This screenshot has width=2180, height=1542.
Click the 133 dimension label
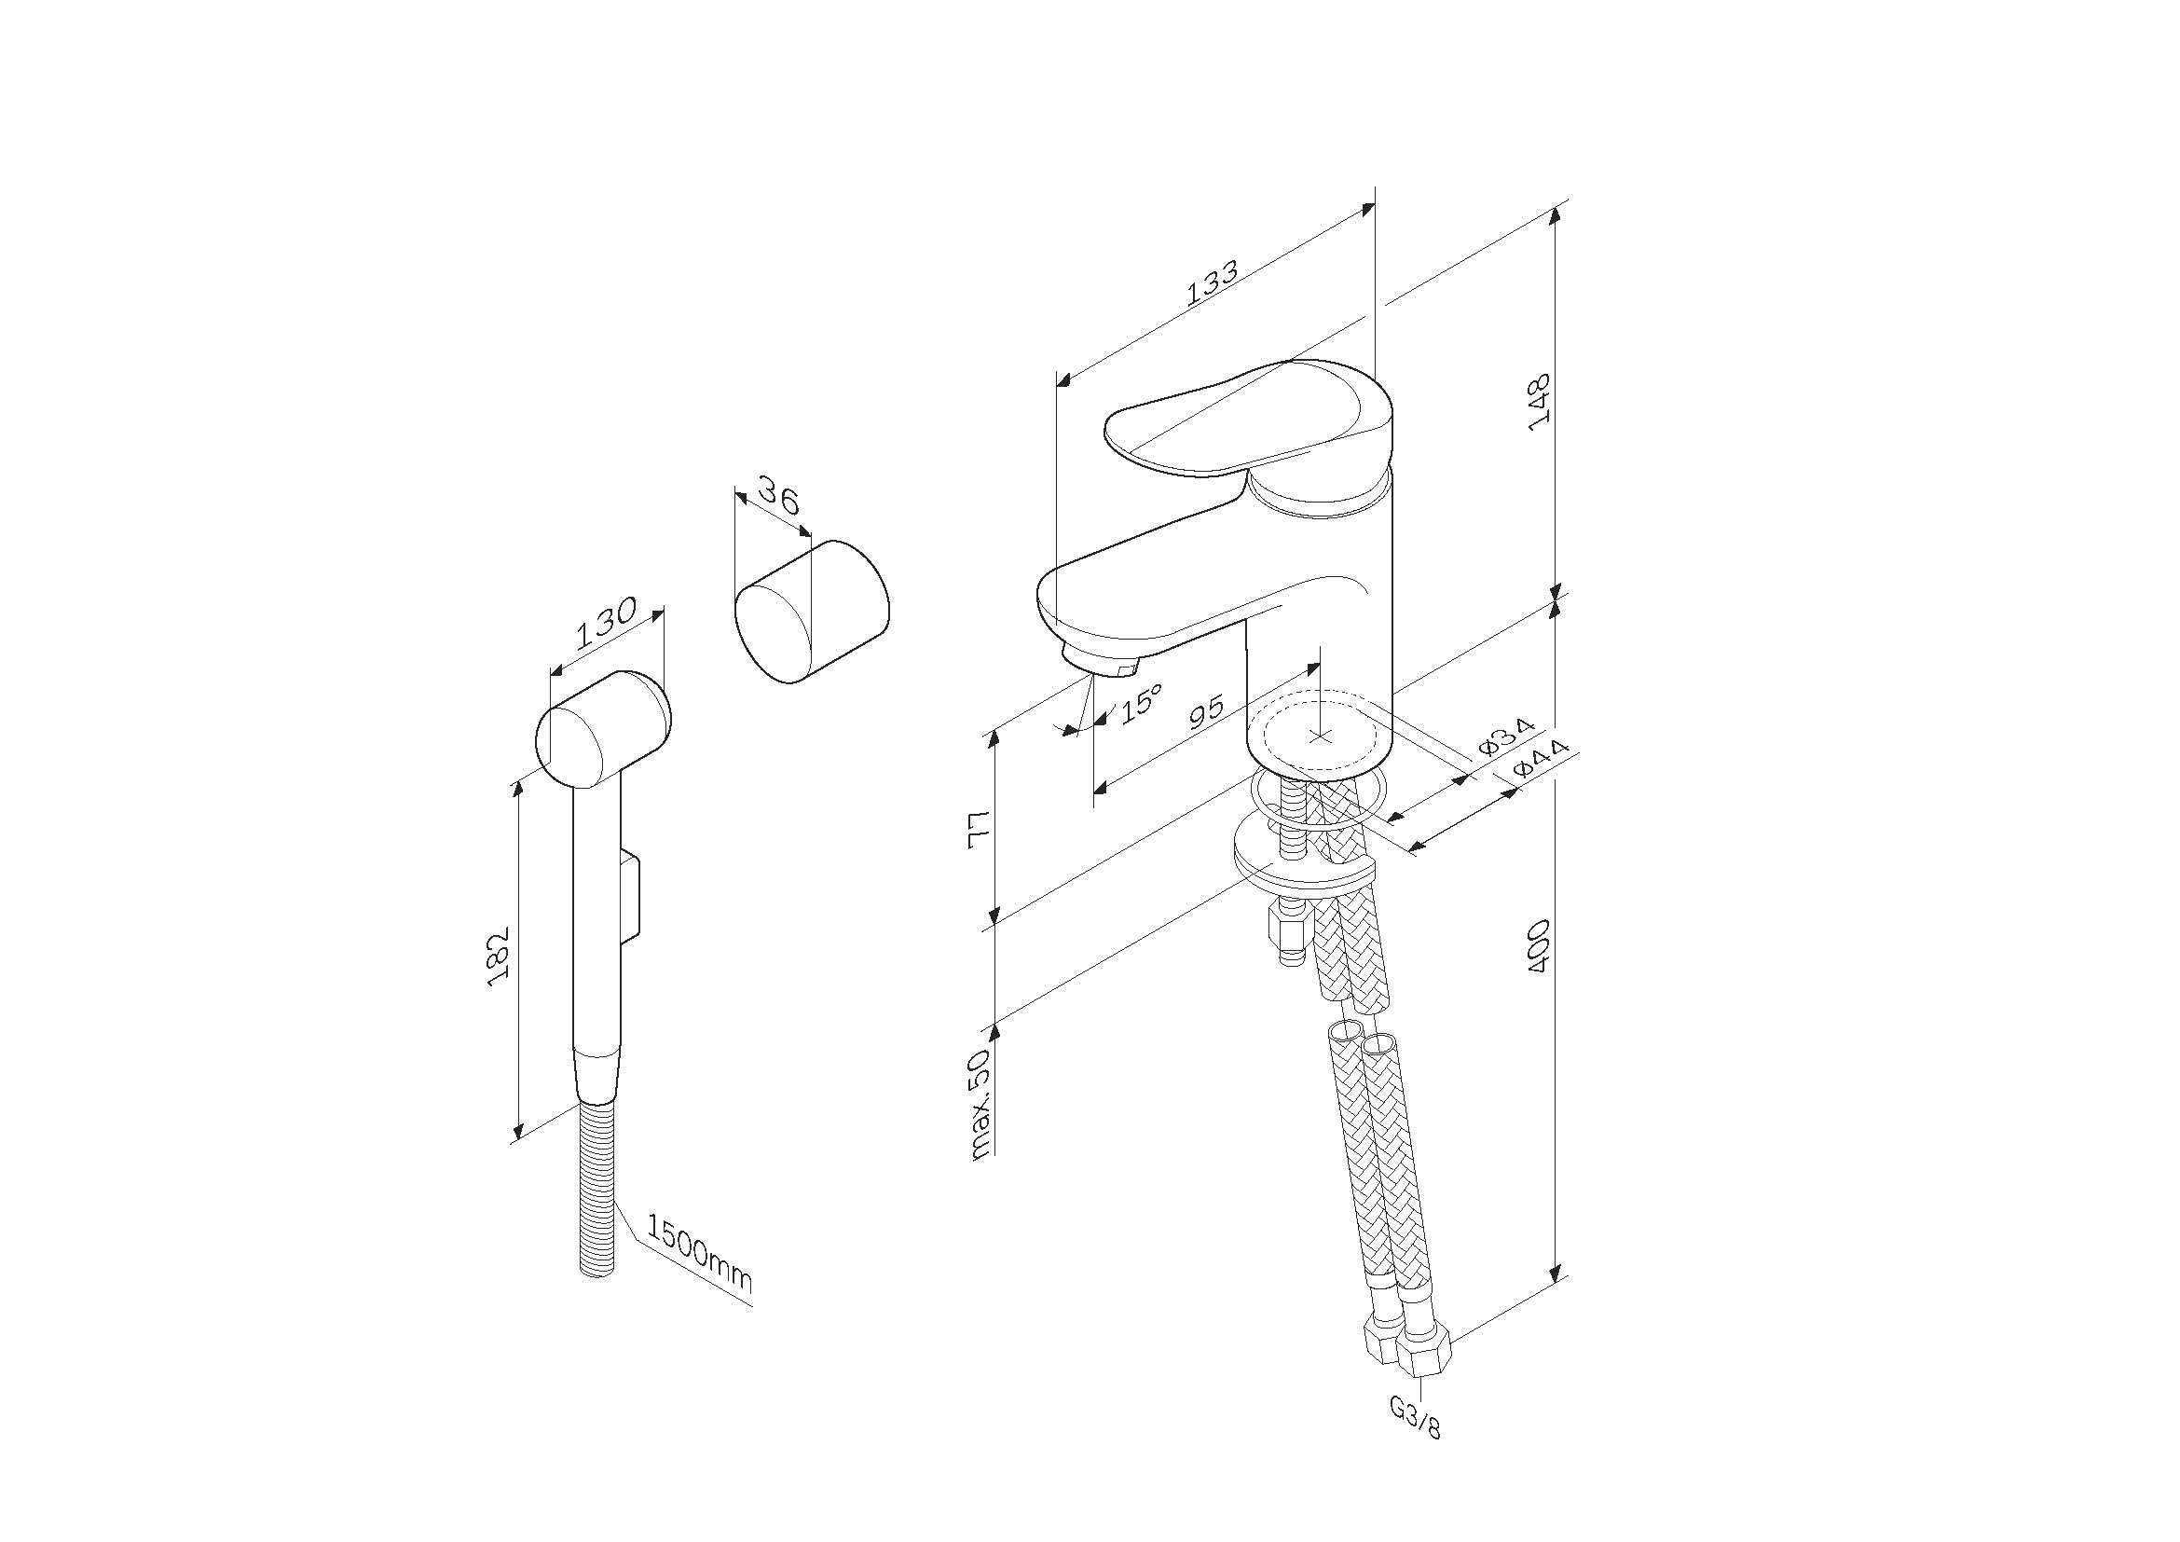(x=1213, y=283)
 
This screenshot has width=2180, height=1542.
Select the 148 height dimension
(x=1539, y=402)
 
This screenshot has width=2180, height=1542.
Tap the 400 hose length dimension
(x=1539, y=944)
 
